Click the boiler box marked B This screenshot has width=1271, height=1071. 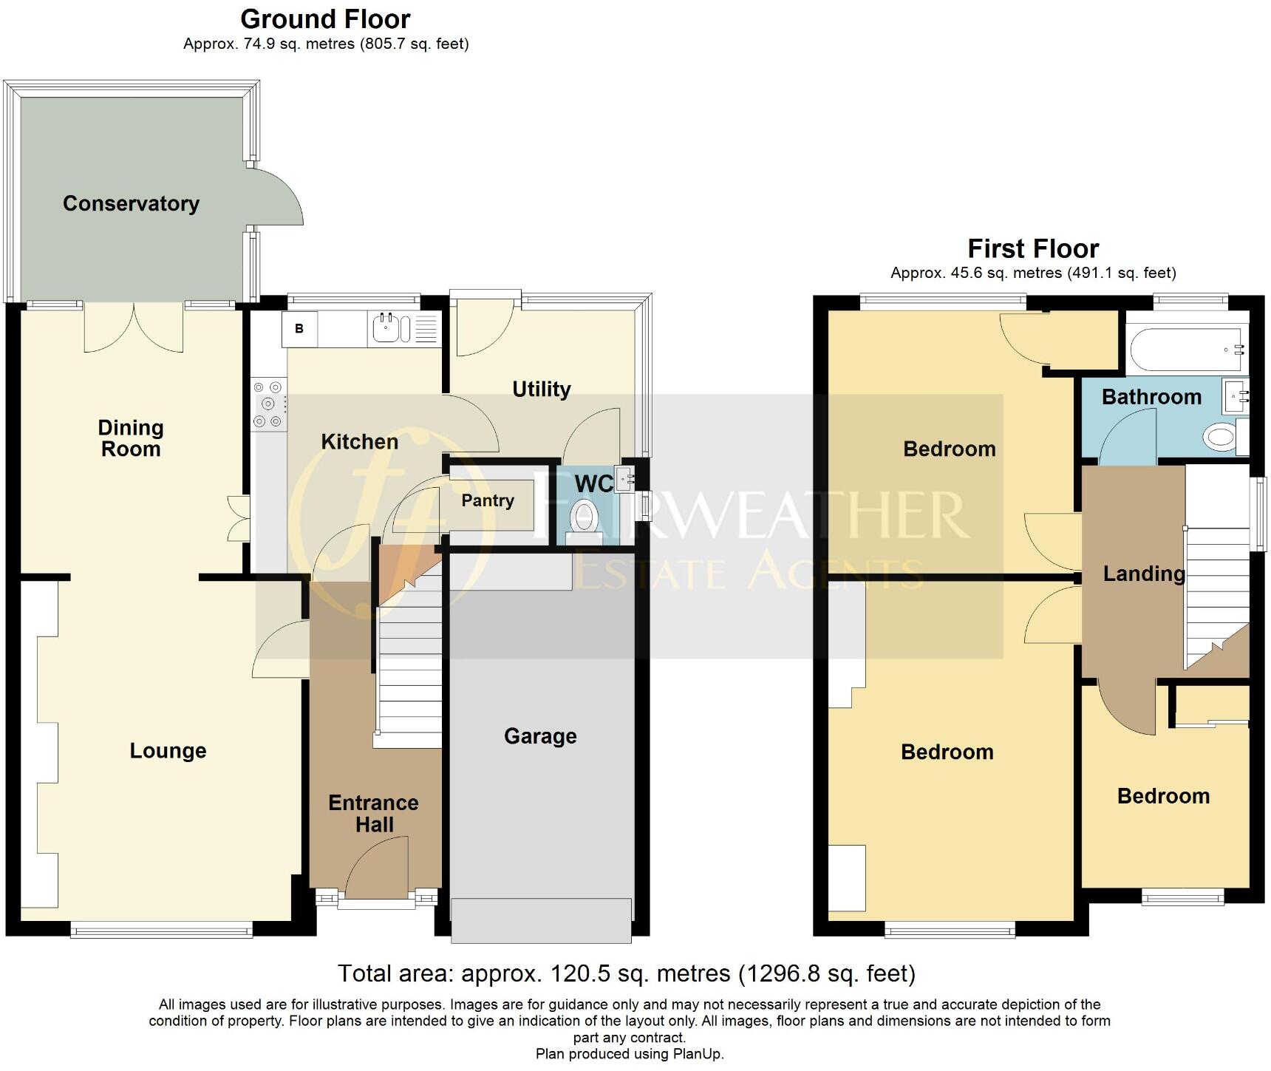coord(299,329)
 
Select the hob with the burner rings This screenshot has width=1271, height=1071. coord(268,404)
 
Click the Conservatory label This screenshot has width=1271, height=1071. coord(131,204)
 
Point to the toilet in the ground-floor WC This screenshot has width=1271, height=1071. coord(584,516)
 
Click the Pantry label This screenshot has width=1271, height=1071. coord(488,501)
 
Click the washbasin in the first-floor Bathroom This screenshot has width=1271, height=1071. coord(1235,396)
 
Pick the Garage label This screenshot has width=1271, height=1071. coord(540,736)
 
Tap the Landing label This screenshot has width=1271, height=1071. coord(1143,574)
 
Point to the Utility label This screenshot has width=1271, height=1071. coord(542,390)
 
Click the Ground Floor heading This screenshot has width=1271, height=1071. coord(325,18)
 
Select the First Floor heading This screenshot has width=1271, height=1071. coord(1033,248)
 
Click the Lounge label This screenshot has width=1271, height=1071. coord(168,751)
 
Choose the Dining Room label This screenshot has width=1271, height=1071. coord(131,438)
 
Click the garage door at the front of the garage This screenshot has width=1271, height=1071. coord(541,921)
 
